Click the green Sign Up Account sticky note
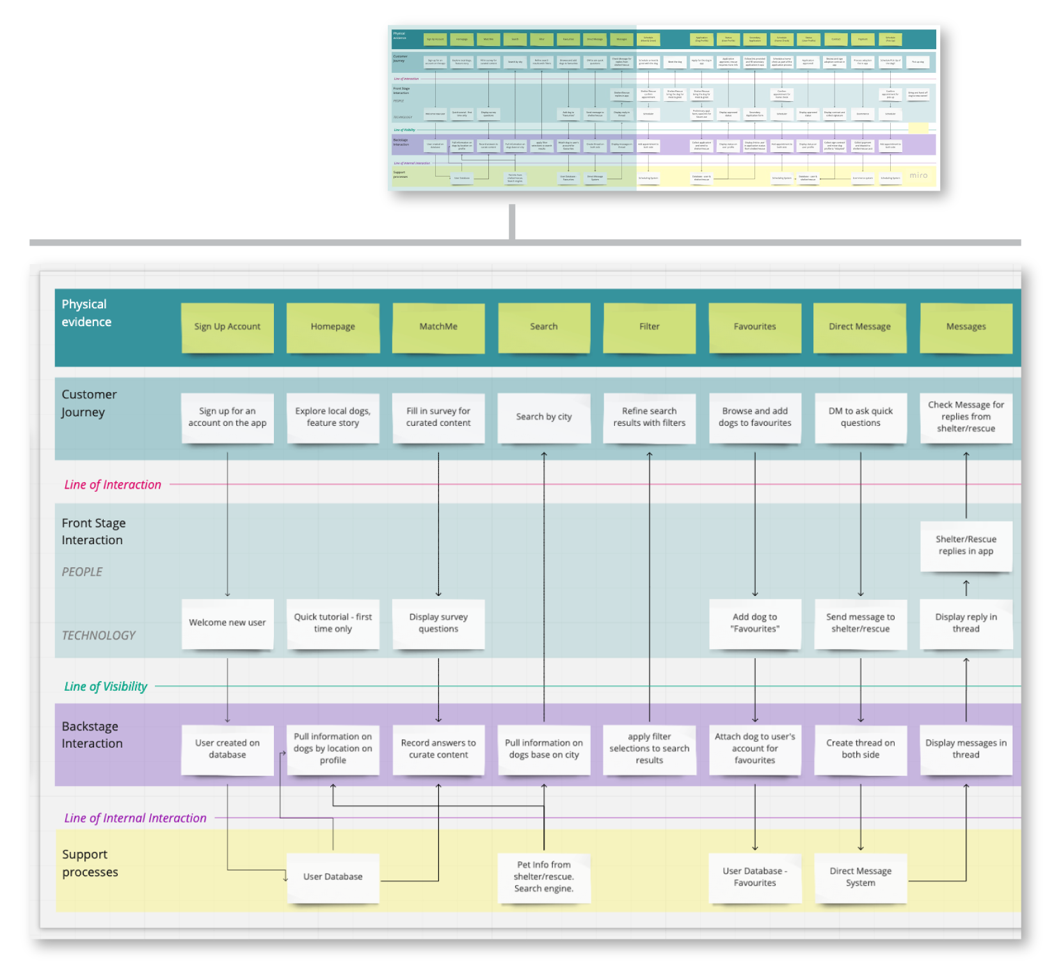(x=227, y=327)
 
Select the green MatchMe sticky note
(x=438, y=327)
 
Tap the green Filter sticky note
(x=649, y=327)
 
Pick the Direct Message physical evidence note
(x=859, y=327)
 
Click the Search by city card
(x=544, y=417)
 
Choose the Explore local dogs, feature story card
(x=333, y=417)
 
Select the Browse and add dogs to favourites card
(x=755, y=417)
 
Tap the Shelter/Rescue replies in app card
(x=966, y=546)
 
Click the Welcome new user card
(x=227, y=623)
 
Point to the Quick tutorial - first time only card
(x=333, y=623)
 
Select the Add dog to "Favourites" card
(x=755, y=623)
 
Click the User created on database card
(x=227, y=749)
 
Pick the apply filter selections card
(x=649, y=749)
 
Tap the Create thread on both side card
(x=860, y=749)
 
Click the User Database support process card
(x=333, y=877)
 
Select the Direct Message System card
(x=860, y=877)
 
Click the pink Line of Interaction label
(x=113, y=485)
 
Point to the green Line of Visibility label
(x=106, y=687)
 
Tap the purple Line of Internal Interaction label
(x=135, y=819)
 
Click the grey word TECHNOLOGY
(x=99, y=636)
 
